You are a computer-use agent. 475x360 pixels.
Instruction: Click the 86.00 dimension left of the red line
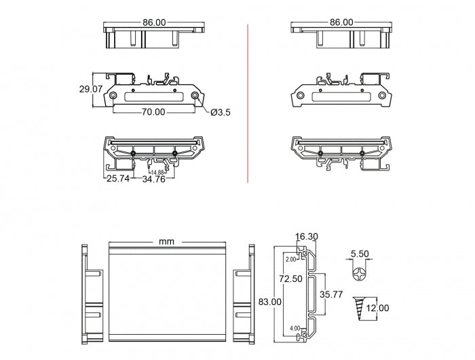[153, 22]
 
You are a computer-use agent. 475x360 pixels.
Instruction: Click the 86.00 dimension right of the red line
[342, 22]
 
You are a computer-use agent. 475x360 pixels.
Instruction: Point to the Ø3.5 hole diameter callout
[221, 113]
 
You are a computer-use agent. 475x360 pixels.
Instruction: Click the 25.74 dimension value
[117, 179]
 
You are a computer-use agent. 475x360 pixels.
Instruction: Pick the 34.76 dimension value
[153, 179]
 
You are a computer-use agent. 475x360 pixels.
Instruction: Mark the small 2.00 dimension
[291, 259]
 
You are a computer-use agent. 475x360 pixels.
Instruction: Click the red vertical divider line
[248, 102]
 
